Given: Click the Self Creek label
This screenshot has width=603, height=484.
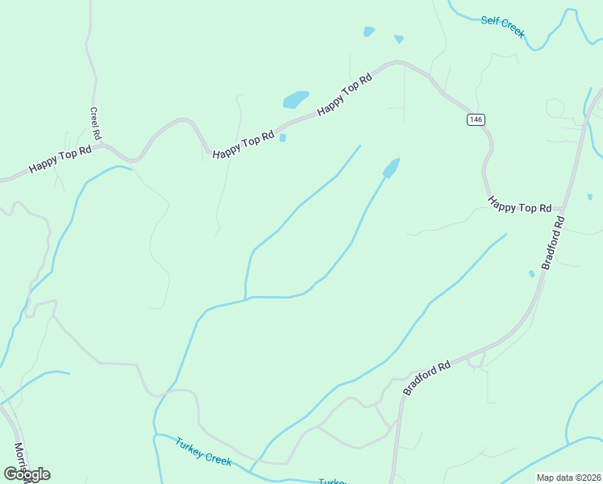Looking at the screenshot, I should tap(503, 26).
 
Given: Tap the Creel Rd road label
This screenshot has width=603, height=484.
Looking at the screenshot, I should tap(95, 123).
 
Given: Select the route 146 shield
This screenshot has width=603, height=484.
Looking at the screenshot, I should tap(476, 119).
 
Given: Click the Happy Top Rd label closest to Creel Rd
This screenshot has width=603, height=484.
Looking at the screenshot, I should tap(60, 159).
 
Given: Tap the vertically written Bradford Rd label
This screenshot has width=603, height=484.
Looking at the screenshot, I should tap(553, 242).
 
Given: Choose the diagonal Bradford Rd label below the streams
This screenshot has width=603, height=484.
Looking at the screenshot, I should tap(427, 378).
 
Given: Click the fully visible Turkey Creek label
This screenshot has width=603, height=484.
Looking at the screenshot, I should tap(203, 451).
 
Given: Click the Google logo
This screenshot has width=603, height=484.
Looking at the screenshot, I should tap(27, 474).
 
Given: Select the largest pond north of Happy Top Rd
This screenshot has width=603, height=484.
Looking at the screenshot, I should tap(295, 99).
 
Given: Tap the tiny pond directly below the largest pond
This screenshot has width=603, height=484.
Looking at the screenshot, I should tap(282, 138).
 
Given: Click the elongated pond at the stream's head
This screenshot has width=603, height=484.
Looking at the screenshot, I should tap(391, 168).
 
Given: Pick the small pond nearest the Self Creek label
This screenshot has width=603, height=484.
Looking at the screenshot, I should tap(398, 39).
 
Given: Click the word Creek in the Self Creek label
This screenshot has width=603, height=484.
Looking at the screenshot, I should tap(514, 29).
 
